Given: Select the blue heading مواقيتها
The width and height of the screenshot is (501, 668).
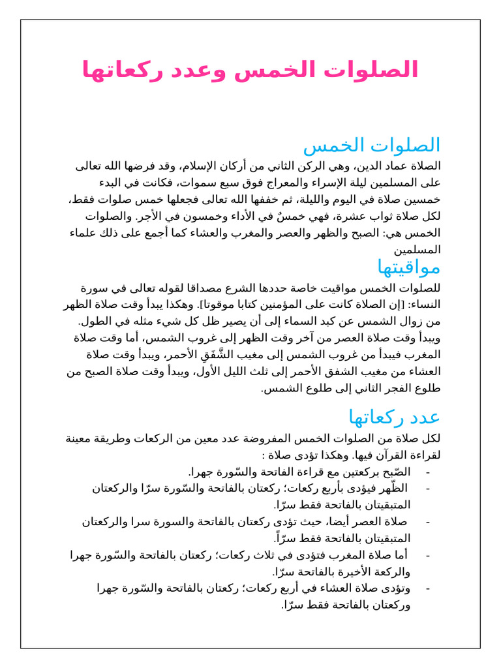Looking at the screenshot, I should [x=408, y=266].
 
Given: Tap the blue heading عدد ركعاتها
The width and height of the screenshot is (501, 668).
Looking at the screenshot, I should [x=394, y=416].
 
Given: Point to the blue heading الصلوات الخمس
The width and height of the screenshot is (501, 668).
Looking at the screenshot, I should [x=372, y=145].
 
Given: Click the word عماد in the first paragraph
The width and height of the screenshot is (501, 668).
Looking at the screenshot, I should [x=391, y=166].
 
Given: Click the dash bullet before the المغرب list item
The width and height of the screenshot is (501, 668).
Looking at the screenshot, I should [x=427, y=555].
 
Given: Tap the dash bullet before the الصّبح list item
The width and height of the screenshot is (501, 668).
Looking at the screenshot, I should [x=427, y=472].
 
